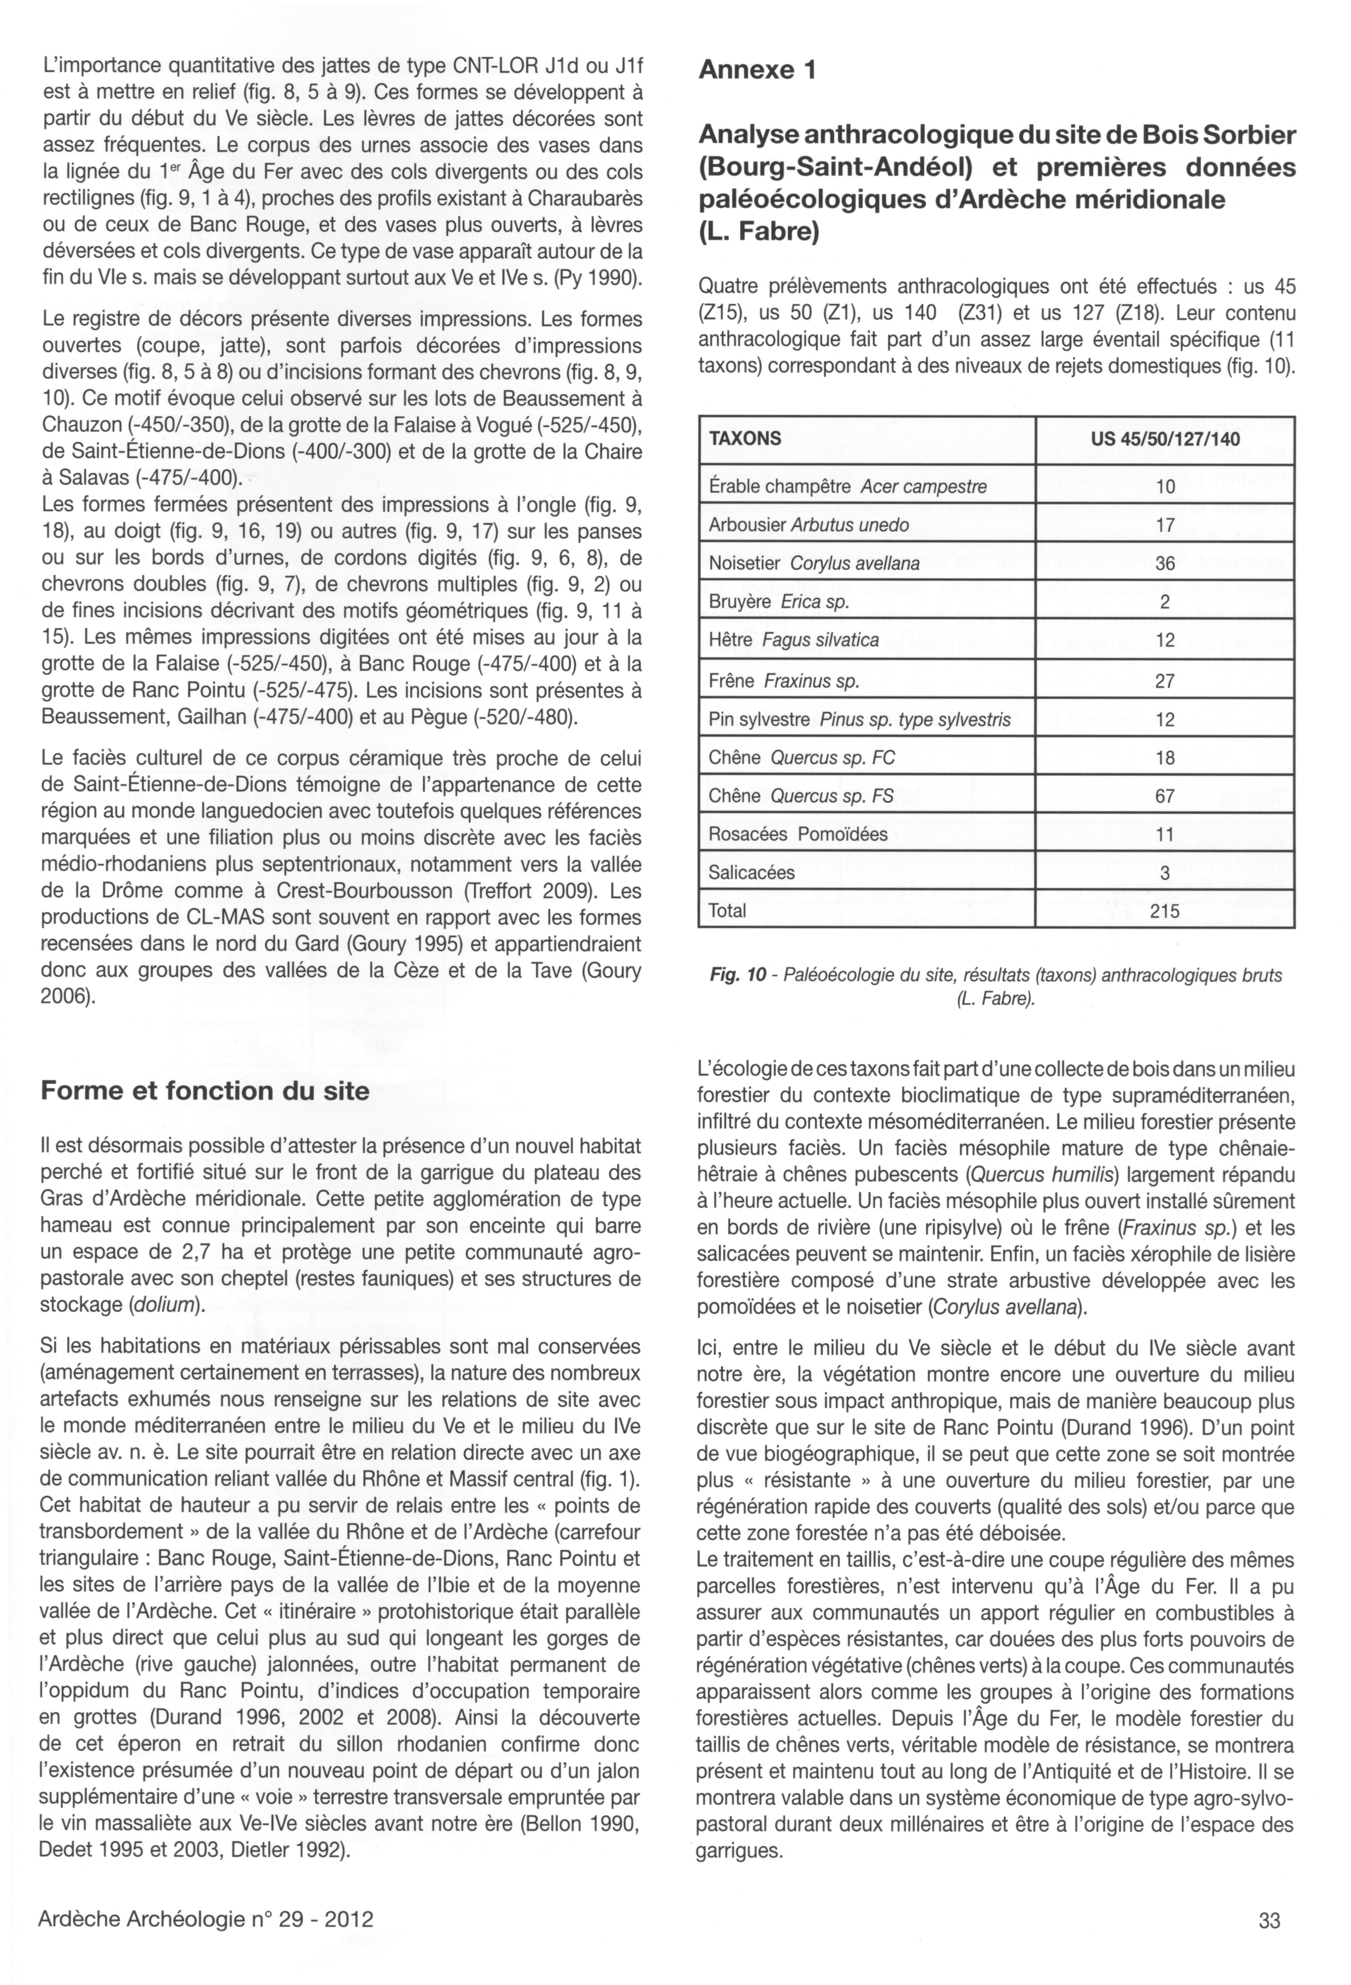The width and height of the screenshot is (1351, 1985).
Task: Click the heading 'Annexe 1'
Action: (757, 70)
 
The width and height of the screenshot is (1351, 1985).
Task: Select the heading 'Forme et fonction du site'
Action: (205, 1091)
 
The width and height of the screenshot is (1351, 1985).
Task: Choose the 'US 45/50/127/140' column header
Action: (1165, 439)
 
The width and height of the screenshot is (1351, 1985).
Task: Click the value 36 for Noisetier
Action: (1165, 564)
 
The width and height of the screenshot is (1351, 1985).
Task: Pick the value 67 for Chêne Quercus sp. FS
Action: (1165, 796)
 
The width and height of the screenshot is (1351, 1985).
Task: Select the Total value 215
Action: (1165, 911)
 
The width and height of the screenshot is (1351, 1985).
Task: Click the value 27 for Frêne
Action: (1165, 681)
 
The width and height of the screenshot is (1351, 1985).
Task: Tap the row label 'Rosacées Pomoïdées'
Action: (798, 834)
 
